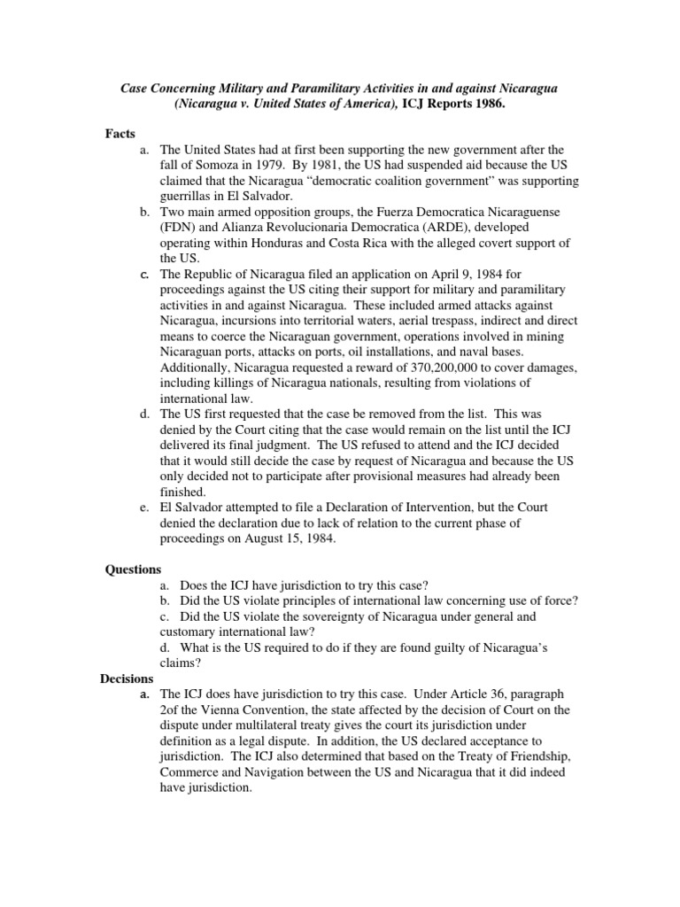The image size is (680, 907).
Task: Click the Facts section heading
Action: click(x=120, y=133)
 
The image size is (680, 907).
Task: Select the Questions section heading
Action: click(x=134, y=569)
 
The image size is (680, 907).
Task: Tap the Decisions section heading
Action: click(x=128, y=678)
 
